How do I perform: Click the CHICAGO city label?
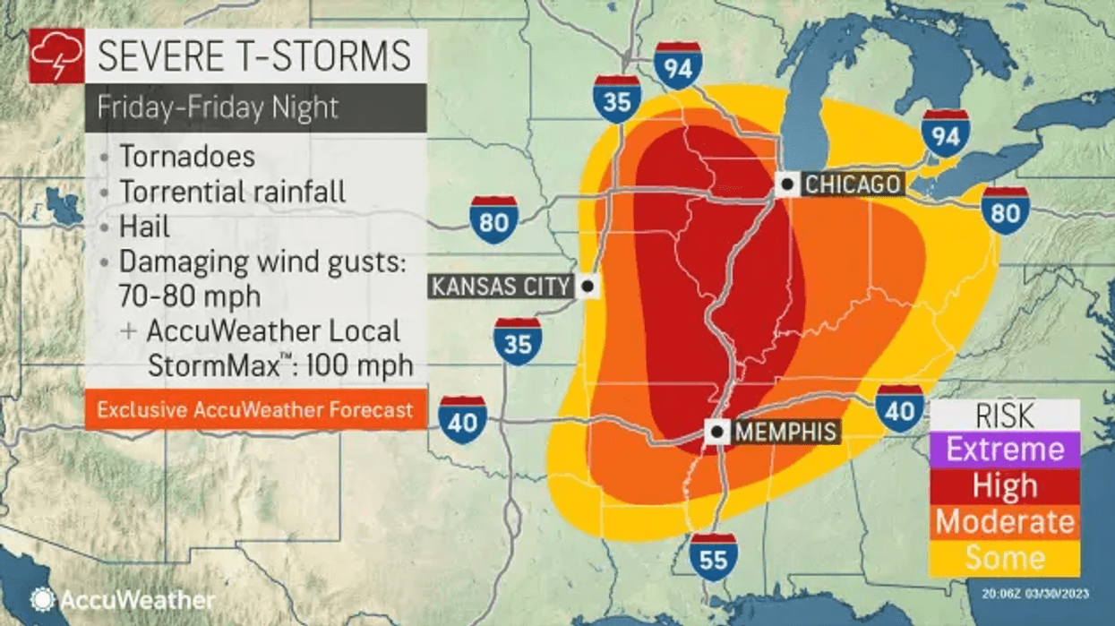852,184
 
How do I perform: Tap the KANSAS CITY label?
501,287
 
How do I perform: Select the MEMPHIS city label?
785,432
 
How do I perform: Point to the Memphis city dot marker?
716,432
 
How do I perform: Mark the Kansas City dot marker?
588,287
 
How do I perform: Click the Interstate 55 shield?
713,559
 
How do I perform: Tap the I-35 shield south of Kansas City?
518,344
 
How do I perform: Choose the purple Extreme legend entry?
1005,450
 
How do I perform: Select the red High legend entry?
1005,486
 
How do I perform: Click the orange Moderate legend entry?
1005,522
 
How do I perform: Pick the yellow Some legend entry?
1005,558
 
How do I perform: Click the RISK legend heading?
1005,416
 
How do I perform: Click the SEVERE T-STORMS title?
254,56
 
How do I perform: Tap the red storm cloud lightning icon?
56,56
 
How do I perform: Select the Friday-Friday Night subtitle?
218,107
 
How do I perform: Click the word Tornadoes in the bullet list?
187,156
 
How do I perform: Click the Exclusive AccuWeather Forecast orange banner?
255,409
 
